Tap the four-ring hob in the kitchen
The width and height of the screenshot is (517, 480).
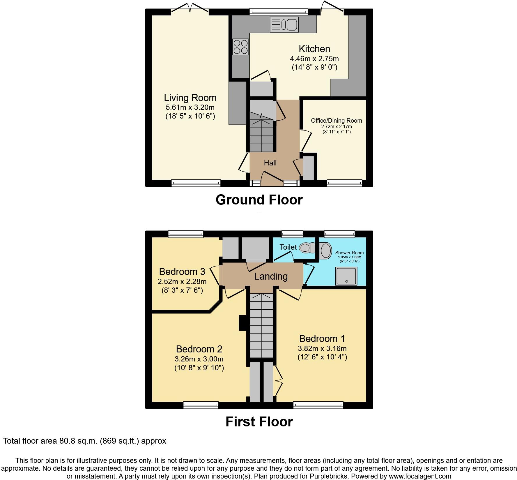[x=241, y=47]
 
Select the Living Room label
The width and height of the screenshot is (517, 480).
[x=190, y=98]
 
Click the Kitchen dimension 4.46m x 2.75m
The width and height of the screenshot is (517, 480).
[x=314, y=59]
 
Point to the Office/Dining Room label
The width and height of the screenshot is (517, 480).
[x=337, y=121]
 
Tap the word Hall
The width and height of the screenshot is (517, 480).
[x=270, y=163]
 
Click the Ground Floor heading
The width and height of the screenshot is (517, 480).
[x=259, y=200]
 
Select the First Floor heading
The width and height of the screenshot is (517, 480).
[x=259, y=422]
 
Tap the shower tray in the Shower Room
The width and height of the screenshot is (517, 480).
[x=346, y=276]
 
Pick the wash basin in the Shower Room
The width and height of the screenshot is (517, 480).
[x=325, y=250]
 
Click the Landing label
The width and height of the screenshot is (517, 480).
[x=271, y=276]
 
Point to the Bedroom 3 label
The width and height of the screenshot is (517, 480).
[x=182, y=272]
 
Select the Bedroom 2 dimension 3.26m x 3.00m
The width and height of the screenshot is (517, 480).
[x=199, y=359]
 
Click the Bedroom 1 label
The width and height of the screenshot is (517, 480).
[x=322, y=339]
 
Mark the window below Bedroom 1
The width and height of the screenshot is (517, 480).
[x=318, y=405]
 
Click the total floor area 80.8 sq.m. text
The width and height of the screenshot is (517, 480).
[x=84, y=441]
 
